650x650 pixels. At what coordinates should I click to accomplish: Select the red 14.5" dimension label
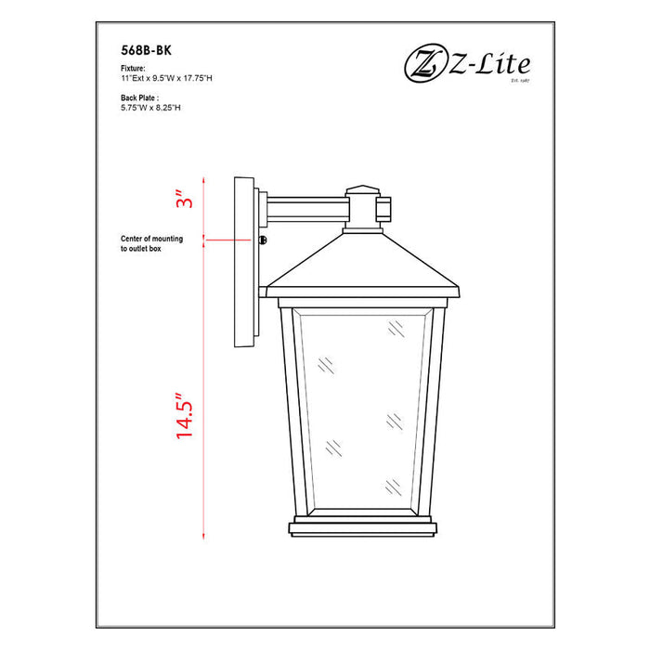point(185,413)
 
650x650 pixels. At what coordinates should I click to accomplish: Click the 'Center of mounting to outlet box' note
point(151,244)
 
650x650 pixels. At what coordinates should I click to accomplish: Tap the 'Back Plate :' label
point(140,97)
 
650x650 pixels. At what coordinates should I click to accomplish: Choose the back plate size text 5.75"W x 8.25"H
point(152,107)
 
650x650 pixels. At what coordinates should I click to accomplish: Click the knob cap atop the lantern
point(363,191)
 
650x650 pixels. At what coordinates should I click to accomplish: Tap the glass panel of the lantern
point(363,409)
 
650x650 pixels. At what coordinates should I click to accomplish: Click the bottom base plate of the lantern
point(363,529)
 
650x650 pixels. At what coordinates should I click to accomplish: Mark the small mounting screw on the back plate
point(265,240)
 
